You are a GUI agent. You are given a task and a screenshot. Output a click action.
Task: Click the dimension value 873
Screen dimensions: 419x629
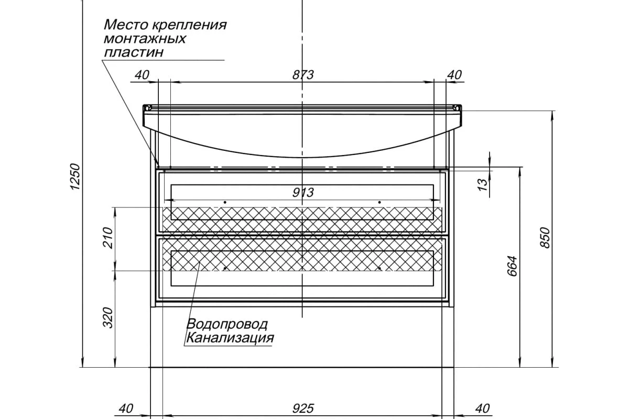[x=303, y=75]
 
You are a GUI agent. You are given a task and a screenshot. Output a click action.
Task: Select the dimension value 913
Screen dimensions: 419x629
[x=303, y=193]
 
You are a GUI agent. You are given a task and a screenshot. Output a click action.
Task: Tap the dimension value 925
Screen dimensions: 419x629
[x=303, y=408]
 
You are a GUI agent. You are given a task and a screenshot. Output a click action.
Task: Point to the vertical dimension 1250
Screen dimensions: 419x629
[x=75, y=177]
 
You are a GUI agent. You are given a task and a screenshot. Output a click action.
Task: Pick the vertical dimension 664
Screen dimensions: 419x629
[x=512, y=266]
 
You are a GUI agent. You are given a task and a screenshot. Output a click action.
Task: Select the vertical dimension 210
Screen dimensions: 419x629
[x=107, y=238]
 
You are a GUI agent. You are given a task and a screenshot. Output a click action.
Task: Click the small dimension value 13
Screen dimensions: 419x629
[x=483, y=183]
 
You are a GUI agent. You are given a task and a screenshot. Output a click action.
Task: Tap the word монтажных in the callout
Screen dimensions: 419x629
[x=145, y=39]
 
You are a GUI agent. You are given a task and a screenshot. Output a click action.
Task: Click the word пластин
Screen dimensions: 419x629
[x=134, y=52]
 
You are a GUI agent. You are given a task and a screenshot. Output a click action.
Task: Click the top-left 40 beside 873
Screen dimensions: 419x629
[x=142, y=75]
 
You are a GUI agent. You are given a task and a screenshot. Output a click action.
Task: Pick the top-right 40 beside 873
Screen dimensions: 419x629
[x=454, y=75]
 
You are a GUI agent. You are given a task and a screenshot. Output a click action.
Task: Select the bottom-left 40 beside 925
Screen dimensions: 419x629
[x=126, y=408]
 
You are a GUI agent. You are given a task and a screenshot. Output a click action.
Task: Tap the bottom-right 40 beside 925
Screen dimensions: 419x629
[x=482, y=408]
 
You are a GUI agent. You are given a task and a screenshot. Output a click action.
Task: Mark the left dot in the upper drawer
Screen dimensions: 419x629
[x=225, y=202]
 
